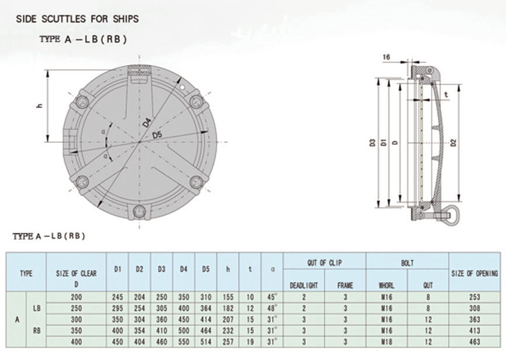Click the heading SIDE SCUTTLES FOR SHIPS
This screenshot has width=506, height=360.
(x=77, y=19)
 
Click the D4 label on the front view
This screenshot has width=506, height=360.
(x=147, y=122)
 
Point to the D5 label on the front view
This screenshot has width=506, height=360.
(x=157, y=136)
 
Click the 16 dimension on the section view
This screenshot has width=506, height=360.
(x=386, y=57)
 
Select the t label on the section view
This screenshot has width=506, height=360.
(x=446, y=94)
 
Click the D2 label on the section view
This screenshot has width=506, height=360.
(x=453, y=142)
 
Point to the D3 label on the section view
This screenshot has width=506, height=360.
(x=373, y=142)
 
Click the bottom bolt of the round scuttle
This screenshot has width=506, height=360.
(x=139, y=211)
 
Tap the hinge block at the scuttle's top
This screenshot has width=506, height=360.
(x=139, y=73)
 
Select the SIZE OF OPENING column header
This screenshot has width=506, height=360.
(x=474, y=273)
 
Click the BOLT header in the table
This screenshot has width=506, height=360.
(x=407, y=263)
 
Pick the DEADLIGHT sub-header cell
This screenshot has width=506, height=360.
(x=304, y=285)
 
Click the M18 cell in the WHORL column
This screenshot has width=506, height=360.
(x=386, y=341)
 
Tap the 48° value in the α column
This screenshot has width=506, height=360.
(x=271, y=307)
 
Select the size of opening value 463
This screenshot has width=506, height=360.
(x=474, y=341)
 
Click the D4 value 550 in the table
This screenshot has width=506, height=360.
(x=184, y=341)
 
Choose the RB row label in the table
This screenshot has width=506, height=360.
(x=37, y=330)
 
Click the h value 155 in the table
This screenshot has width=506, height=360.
(x=228, y=297)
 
